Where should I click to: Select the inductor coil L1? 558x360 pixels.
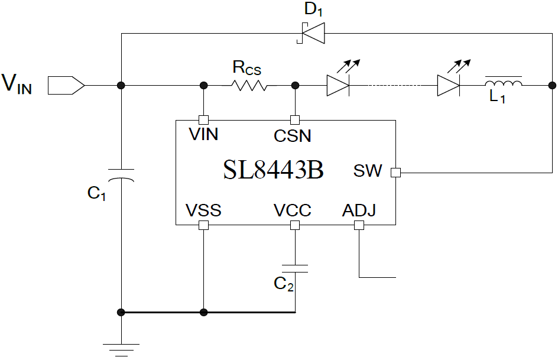click(503, 84)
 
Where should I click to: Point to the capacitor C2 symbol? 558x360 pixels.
click(295, 268)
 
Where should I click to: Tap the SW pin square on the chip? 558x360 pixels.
click(395, 173)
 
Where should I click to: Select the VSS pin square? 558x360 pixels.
click(203, 225)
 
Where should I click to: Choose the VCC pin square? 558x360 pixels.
click(295, 225)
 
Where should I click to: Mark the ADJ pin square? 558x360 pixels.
click(358, 225)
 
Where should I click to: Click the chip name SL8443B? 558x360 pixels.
click(273, 171)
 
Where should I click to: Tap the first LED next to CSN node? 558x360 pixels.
click(338, 85)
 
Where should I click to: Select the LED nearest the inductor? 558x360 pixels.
click(449, 85)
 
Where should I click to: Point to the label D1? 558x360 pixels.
click(313, 10)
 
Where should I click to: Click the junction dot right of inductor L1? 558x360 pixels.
click(551, 86)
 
